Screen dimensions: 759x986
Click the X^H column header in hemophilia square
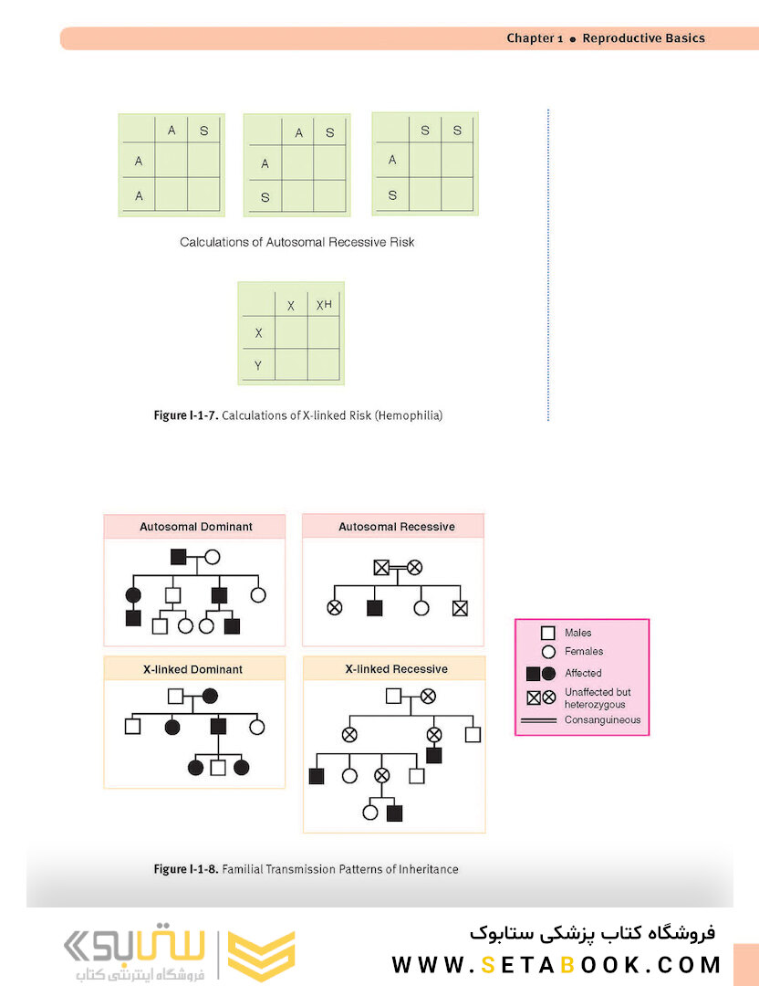tap(324, 305)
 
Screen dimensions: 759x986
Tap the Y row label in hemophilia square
tap(257, 365)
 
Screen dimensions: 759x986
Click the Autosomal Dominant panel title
tap(196, 527)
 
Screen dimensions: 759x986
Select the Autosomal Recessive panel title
tap(397, 527)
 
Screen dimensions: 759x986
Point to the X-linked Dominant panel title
tap(192, 670)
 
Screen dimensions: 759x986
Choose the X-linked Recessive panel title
tap(397, 669)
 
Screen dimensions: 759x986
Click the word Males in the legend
tap(578, 633)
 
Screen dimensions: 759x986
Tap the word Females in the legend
tap(584, 652)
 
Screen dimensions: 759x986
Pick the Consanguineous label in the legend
tap(603, 720)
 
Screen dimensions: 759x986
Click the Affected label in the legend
tap(583, 673)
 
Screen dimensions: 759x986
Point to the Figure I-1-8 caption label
tap(186, 869)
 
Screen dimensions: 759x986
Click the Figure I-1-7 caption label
tap(186, 415)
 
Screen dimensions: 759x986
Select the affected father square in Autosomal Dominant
tap(179, 557)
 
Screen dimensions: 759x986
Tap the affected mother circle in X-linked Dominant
tap(210, 696)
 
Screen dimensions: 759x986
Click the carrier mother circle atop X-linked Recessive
tap(428, 696)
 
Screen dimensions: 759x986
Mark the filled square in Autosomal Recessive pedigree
tap(374, 608)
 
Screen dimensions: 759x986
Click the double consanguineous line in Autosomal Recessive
tap(398, 568)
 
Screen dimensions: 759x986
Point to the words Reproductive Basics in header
tap(643, 37)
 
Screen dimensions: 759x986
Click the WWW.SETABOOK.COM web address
tap(556, 965)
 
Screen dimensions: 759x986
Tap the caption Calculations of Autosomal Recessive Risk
tap(297, 242)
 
